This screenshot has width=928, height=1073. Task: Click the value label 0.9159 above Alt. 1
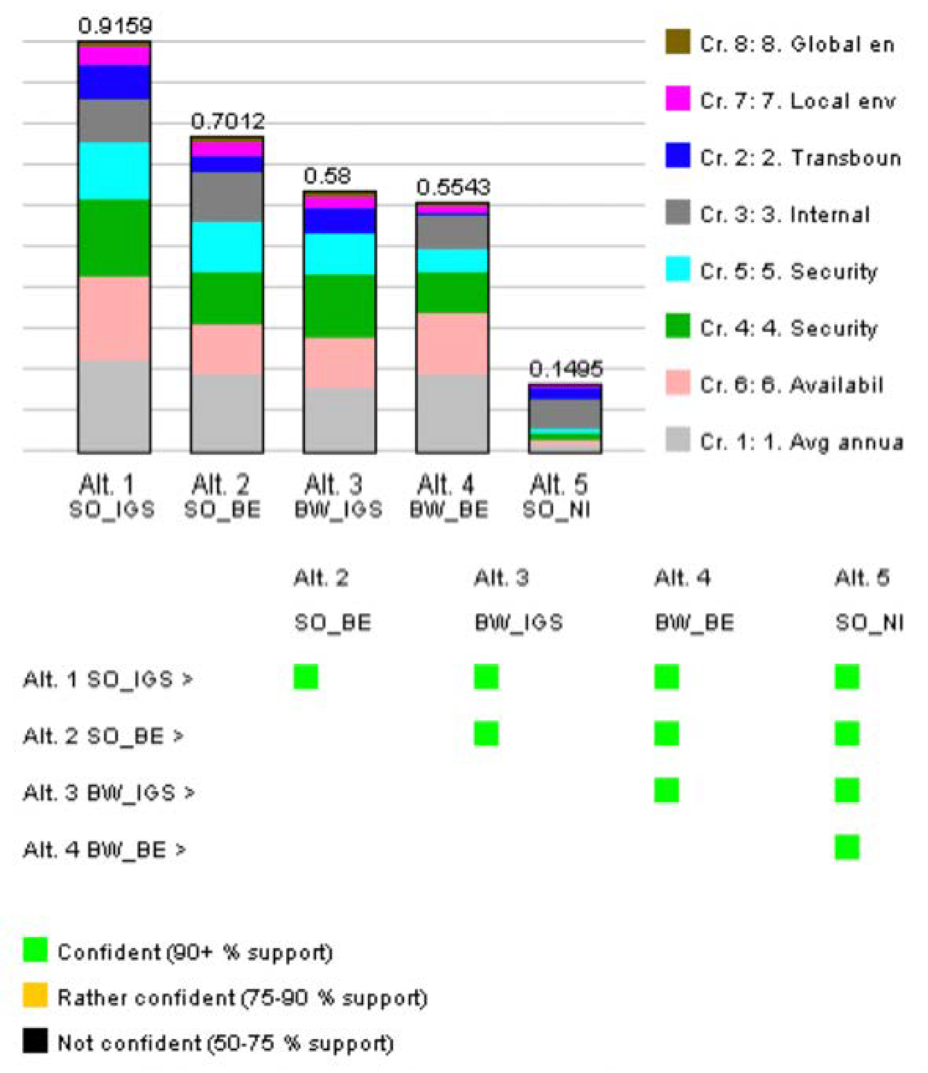tap(115, 26)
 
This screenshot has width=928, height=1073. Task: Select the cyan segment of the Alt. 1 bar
tap(114, 171)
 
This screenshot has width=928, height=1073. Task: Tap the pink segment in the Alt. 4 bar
tap(452, 344)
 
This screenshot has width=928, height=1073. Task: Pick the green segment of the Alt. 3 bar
tap(340, 306)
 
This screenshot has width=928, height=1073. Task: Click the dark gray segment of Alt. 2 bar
tap(227, 197)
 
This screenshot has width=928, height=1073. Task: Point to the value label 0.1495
tap(565, 368)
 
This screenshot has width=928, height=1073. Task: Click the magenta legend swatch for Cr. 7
tap(678, 98)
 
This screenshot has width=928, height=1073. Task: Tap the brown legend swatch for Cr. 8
tap(678, 42)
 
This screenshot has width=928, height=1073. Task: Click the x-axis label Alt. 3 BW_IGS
tap(338, 496)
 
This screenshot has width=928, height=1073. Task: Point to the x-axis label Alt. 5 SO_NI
tap(557, 496)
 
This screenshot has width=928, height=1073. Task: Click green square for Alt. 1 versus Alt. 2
tap(306, 676)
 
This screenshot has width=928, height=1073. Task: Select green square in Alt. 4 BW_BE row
tap(847, 847)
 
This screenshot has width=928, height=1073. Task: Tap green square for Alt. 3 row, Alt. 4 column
tap(666, 790)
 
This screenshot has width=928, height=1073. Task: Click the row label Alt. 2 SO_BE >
tap(102, 736)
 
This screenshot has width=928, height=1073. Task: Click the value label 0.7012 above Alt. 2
tap(227, 121)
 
